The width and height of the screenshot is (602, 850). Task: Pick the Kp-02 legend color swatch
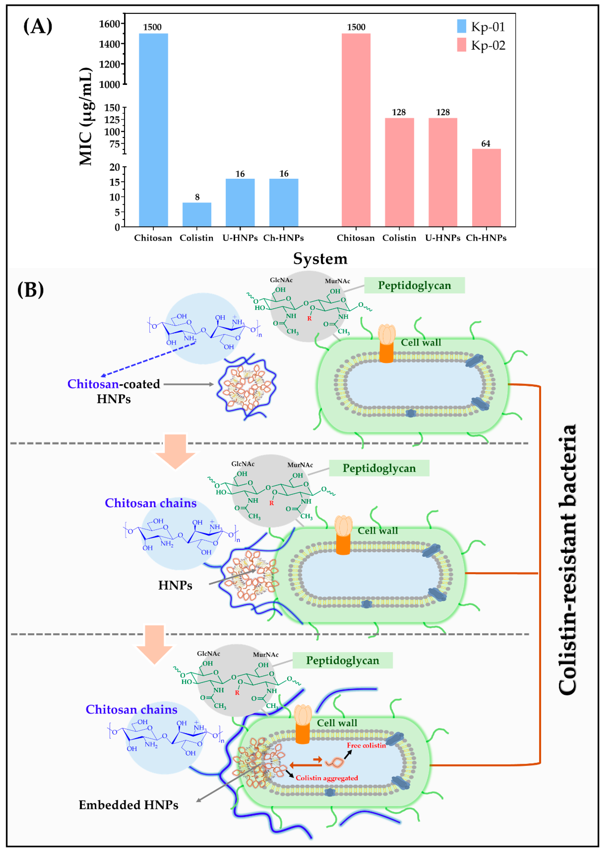pyautogui.click(x=462, y=45)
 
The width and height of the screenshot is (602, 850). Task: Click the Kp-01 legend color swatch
pyautogui.click(x=462, y=26)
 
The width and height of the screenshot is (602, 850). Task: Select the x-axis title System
pyautogui.click(x=320, y=259)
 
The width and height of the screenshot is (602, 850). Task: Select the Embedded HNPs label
pyautogui.click(x=128, y=805)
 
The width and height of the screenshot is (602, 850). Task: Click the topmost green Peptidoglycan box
pyautogui.click(x=414, y=286)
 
